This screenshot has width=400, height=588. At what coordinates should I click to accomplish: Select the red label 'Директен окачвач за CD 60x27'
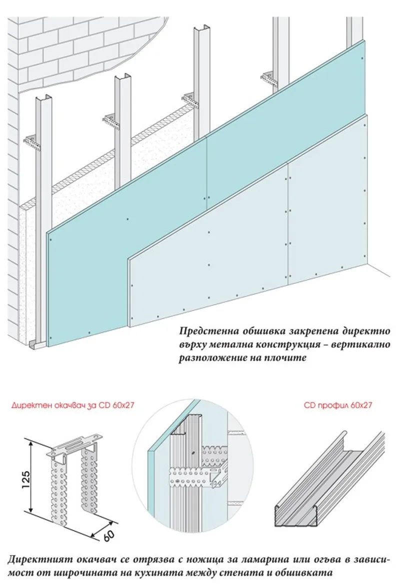pyautogui.click(x=62, y=406)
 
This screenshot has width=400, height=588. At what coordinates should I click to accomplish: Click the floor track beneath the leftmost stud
pyautogui.click(x=36, y=345)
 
